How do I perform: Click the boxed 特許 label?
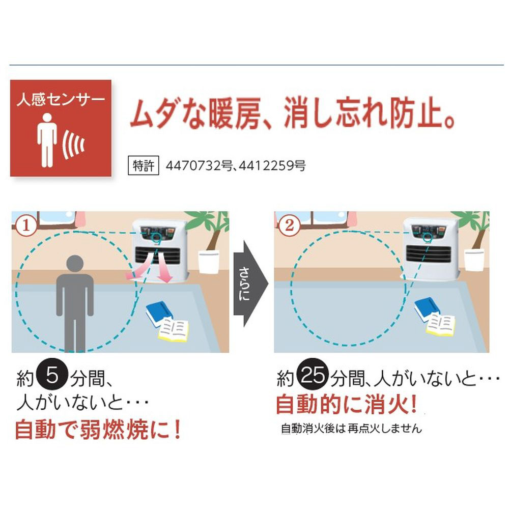[x=143, y=165]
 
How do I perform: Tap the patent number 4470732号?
[x=199, y=166]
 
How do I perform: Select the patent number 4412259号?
[x=272, y=166]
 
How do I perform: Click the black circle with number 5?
[x=52, y=376]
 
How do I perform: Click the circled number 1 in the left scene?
[x=26, y=225]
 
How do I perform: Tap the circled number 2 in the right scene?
[x=289, y=225]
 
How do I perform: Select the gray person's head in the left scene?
[x=75, y=264]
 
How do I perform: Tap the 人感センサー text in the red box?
[x=61, y=99]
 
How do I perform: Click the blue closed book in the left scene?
[x=159, y=313]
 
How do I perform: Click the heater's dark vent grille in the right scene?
[x=428, y=253]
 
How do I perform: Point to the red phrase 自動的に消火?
[x=346, y=405]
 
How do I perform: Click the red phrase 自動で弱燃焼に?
[x=98, y=430]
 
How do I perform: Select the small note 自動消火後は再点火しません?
[x=351, y=429]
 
